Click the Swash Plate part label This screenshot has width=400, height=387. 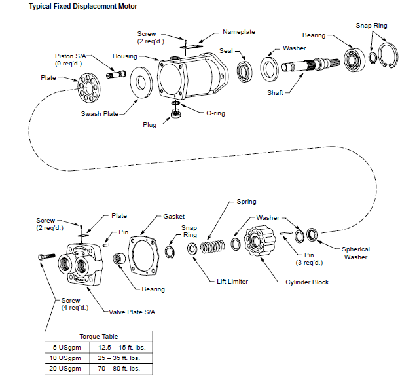coord(100,113)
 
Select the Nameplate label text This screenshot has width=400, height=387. coord(238,32)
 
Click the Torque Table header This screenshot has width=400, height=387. coord(98,336)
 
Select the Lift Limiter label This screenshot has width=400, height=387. coord(233,282)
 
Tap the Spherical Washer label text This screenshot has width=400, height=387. coord(355,253)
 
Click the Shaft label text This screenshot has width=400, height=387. coord(275,93)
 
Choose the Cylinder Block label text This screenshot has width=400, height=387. coord(307,282)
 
